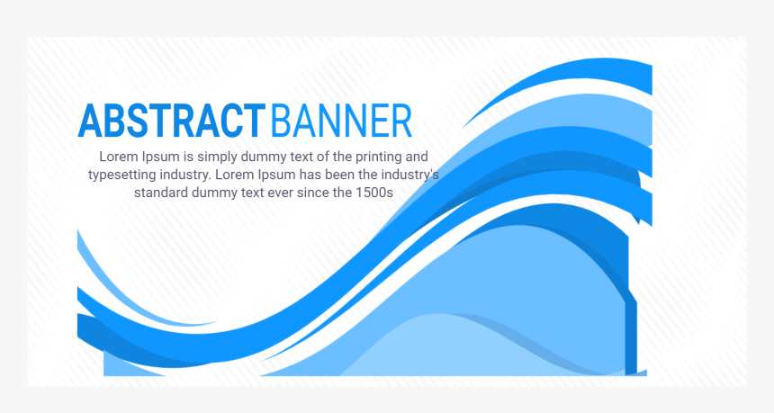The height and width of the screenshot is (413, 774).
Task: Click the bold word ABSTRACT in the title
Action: (x=172, y=121)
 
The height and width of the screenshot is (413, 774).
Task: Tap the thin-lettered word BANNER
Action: (x=342, y=121)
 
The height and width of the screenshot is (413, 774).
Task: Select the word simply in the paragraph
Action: (x=217, y=157)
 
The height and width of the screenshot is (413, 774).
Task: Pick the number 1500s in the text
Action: (x=374, y=192)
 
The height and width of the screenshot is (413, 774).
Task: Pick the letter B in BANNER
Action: (x=281, y=121)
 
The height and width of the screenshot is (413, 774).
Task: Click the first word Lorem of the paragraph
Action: (x=119, y=157)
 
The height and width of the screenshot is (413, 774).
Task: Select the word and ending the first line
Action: (x=417, y=157)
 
